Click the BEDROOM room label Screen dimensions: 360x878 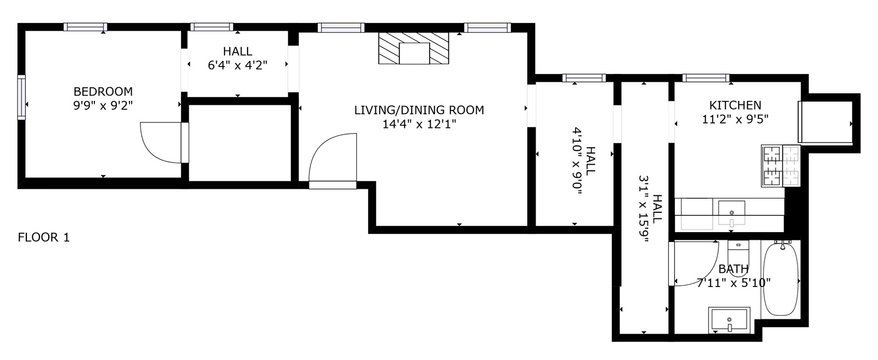[103, 92]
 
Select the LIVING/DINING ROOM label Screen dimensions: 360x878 [419, 110]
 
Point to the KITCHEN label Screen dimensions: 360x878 [735, 105]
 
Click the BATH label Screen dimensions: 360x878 [734, 269]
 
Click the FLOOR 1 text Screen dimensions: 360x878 [44, 238]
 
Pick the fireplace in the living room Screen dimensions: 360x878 [414, 48]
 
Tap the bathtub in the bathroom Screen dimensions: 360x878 [781, 279]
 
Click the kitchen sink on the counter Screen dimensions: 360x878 [731, 212]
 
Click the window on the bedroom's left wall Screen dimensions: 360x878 [21, 97]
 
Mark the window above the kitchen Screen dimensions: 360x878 [706, 77]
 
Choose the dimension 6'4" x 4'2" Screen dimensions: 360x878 [238, 65]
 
